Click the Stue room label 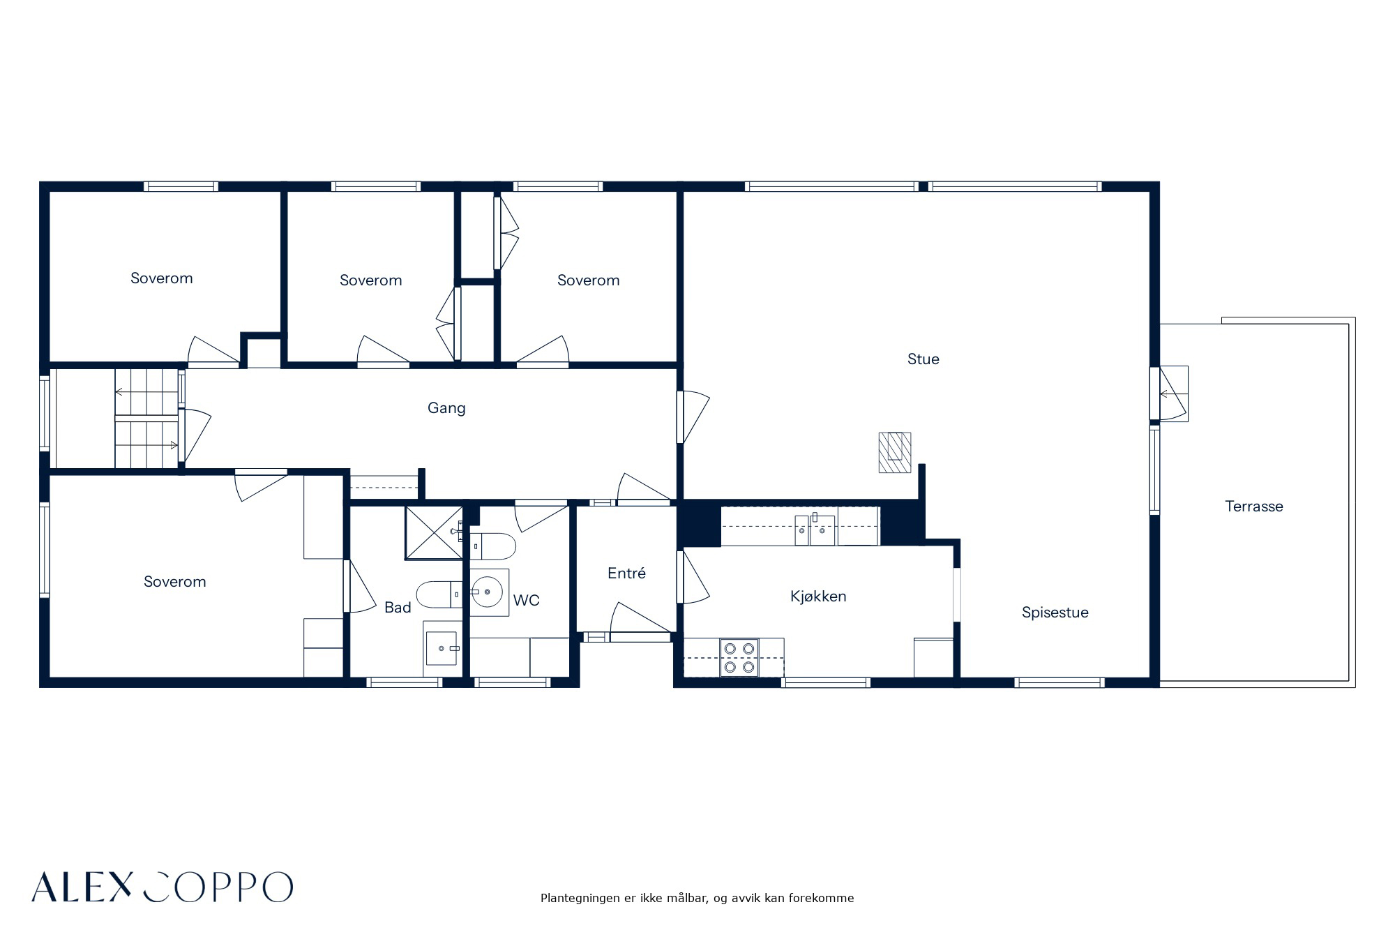click(923, 359)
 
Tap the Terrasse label click(1253, 507)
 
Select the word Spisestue click(1055, 613)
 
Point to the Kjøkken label click(818, 597)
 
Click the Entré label click(626, 573)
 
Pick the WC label click(526, 601)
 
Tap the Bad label click(398, 608)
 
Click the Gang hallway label click(446, 408)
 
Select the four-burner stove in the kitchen click(739, 657)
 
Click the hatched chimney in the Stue click(895, 453)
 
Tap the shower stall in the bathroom click(434, 533)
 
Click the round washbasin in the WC click(487, 592)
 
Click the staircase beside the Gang click(146, 419)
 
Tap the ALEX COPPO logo click(162, 887)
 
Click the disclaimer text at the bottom click(697, 899)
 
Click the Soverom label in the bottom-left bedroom click(174, 582)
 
